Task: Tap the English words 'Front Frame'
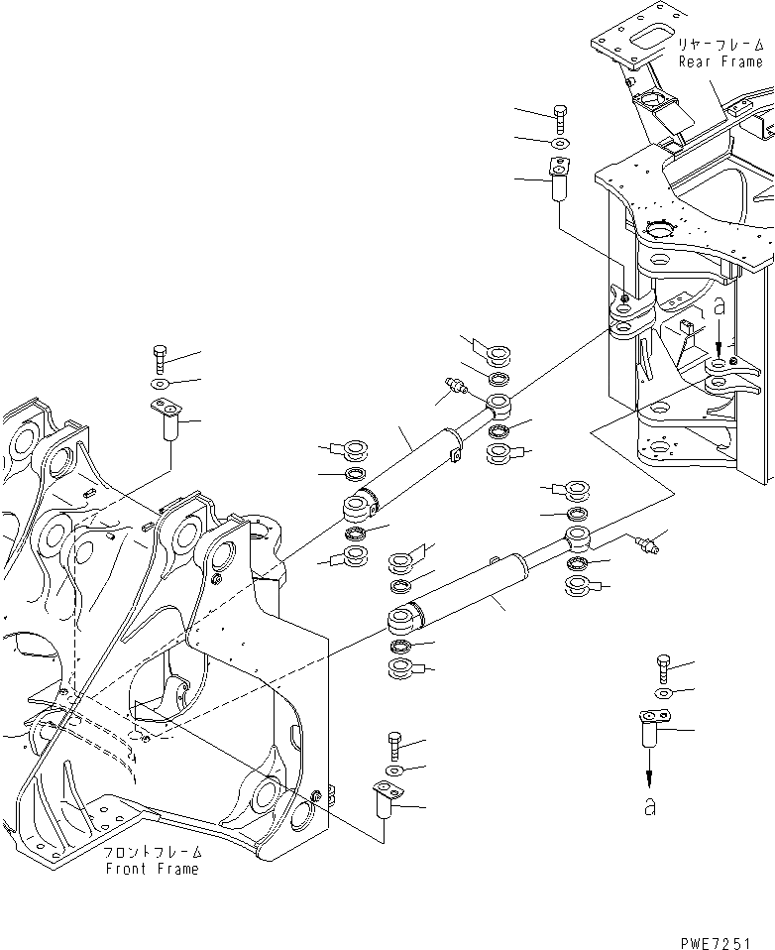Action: coord(153,869)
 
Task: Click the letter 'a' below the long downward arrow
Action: coord(649,807)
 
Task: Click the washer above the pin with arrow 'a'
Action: coord(665,692)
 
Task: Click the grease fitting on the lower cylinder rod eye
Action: coord(639,541)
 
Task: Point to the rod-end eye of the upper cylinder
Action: coord(499,406)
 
